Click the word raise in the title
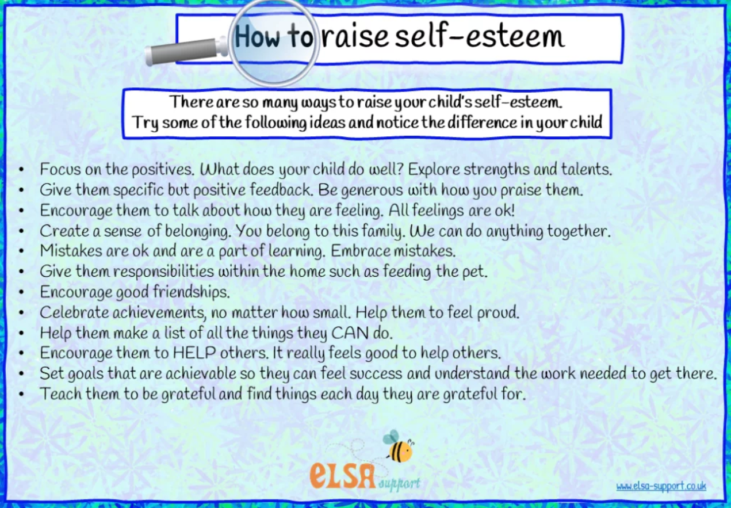click(x=355, y=37)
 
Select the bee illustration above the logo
click(x=399, y=446)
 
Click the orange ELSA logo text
click(x=343, y=475)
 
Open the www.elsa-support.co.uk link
click(x=661, y=486)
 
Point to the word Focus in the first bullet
click(x=60, y=169)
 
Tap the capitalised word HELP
click(x=194, y=353)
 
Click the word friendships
click(x=192, y=292)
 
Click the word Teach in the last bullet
click(x=61, y=394)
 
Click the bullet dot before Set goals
click(x=21, y=373)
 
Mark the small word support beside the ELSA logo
click(x=399, y=483)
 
